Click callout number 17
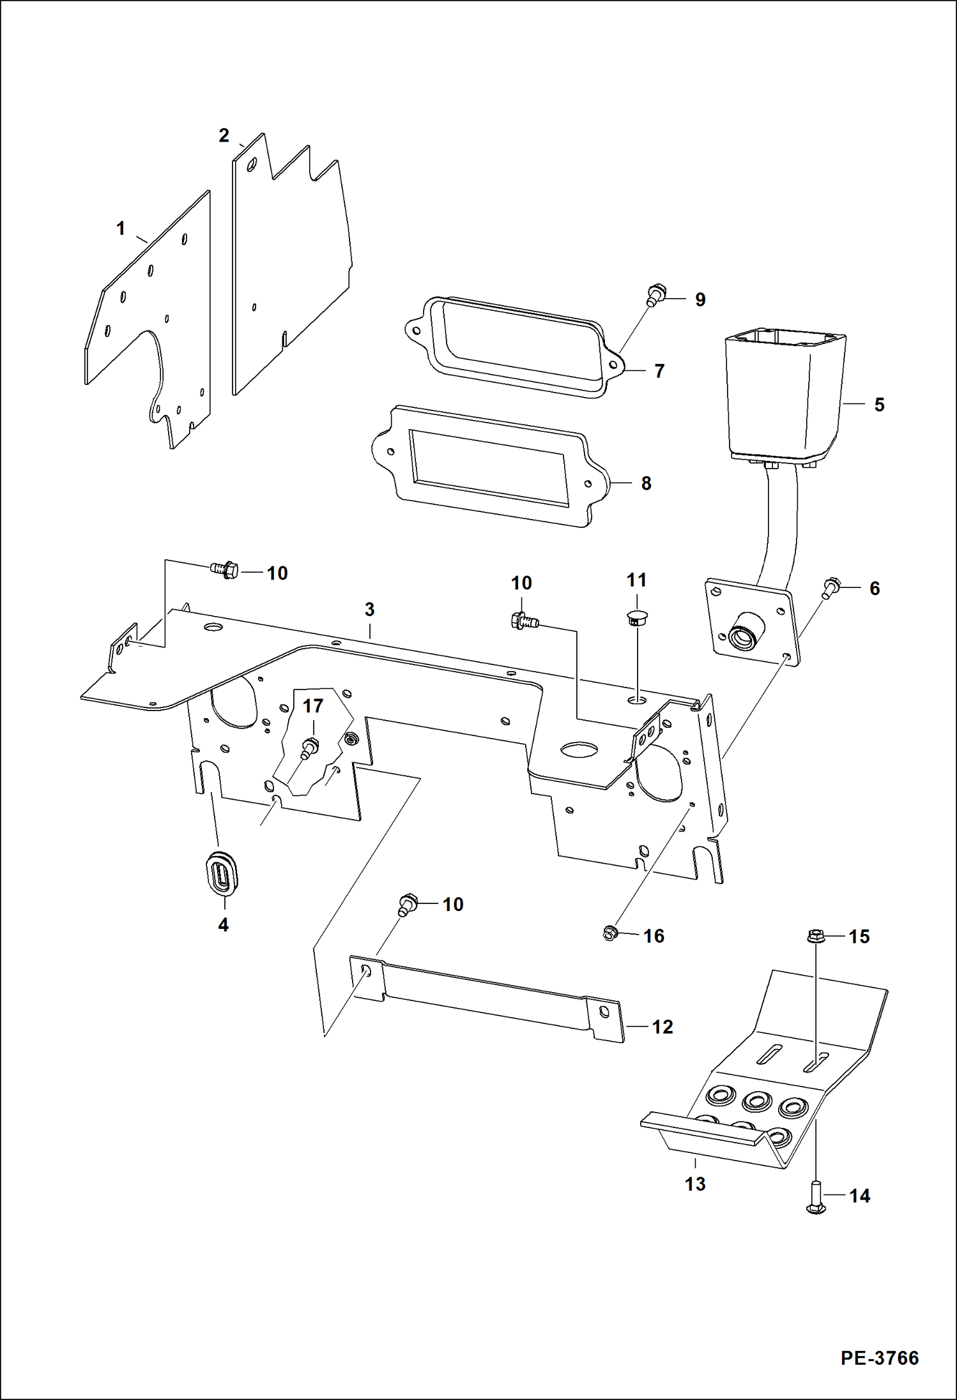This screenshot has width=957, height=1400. pos(312,706)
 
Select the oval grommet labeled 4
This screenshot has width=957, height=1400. pos(220,873)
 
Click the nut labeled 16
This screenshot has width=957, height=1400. pos(609,934)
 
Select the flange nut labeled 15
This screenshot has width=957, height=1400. pos(815,937)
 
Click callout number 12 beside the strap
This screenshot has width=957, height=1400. pos(662,1027)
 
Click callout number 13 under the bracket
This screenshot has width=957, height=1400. pos(694,1184)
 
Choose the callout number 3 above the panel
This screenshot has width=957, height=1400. pos(369,610)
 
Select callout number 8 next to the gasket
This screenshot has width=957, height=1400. pos(646,483)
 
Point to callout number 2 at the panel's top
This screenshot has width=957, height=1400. pos(224,135)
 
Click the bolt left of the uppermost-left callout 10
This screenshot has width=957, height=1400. pos(224,569)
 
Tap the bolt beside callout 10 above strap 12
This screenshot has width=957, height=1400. pos(408,905)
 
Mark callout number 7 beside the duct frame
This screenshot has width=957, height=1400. pos(659,371)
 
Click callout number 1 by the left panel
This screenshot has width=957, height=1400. pos(121,229)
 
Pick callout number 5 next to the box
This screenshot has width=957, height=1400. pos(879,405)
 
